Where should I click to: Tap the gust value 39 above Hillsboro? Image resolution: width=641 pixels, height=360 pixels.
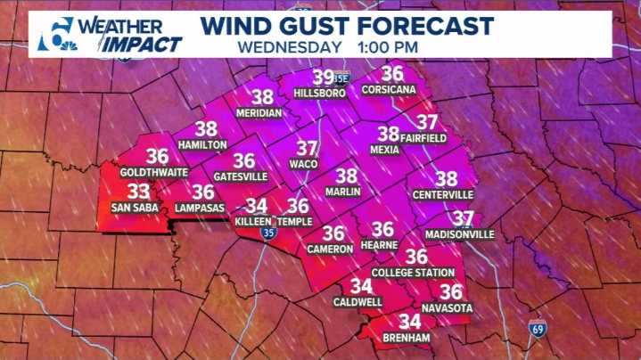pos(323,78)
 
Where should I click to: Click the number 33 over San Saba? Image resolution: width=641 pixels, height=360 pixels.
pos(138,192)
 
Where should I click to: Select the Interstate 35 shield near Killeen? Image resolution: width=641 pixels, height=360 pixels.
pos(268,233)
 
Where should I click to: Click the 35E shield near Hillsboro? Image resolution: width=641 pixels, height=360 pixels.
pos(343,78)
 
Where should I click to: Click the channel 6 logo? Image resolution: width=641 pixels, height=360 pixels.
pos(55,36)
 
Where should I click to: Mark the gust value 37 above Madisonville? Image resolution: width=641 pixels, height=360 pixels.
pos(462,218)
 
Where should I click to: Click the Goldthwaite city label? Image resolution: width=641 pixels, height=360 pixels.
pos(157,171)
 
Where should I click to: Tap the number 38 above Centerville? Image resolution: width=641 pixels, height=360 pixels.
pos(446,179)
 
